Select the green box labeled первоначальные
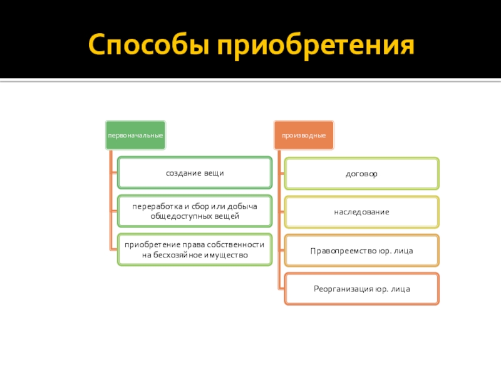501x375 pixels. point(135,135)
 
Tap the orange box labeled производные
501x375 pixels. point(303,135)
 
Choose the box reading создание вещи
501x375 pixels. point(194,172)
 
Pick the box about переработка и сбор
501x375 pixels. point(194,211)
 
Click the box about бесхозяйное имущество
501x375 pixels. point(194,250)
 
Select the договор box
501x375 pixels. point(361,173)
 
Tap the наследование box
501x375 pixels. point(361,212)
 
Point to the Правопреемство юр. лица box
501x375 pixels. point(361,251)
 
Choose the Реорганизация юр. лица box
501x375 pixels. point(361,289)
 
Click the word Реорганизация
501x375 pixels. point(344,289)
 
